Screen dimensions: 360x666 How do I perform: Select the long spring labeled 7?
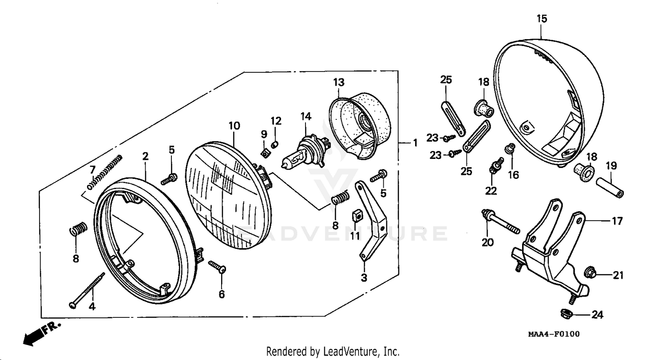click(x=105, y=171)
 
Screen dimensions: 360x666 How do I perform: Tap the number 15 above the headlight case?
click(x=542, y=19)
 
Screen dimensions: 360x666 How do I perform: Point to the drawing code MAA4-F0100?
click(x=553, y=334)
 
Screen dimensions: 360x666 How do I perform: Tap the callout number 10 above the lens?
click(x=234, y=126)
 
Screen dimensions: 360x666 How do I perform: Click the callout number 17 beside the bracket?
click(x=617, y=221)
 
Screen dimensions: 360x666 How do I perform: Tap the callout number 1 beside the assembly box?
click(x=415, y=143)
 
